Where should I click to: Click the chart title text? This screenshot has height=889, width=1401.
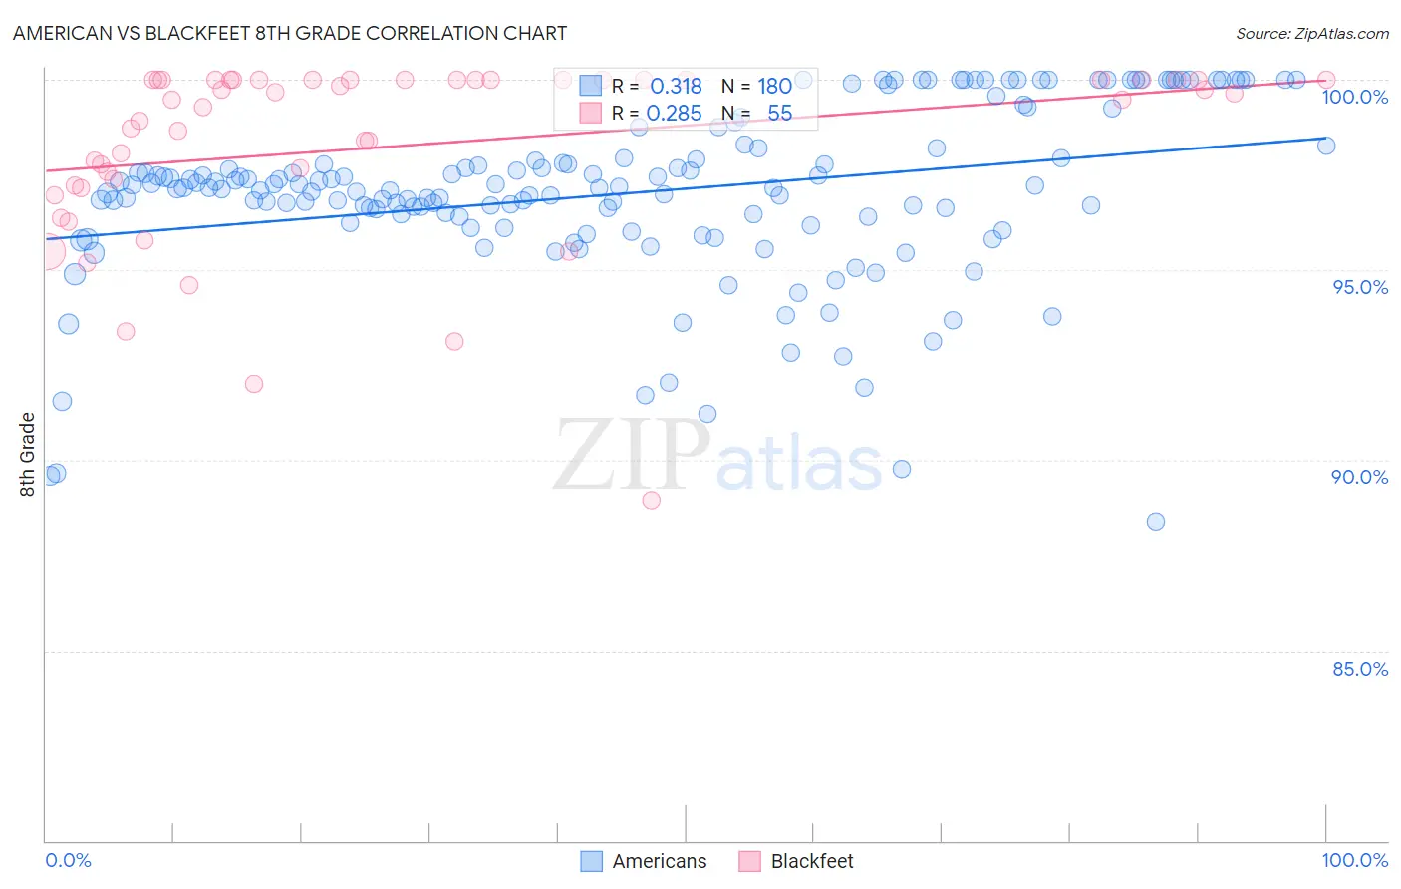click(x=290, y=33)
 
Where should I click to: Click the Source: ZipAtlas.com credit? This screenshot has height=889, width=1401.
click(x=1311, y=34)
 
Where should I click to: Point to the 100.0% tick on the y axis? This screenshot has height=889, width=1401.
click(x=1354, y=97)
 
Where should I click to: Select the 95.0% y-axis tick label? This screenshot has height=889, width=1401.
click(x=1359, y=287)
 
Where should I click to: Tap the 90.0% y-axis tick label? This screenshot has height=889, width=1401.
click(x=1359, y=477)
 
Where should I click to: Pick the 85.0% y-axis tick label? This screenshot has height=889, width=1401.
click(x=1359, y=669)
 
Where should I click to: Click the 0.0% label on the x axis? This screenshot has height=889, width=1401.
click(x=68, y=860)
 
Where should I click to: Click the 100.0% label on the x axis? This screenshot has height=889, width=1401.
click(x=1354, y=860)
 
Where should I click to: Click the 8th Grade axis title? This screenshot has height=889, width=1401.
click(x=28, y=454)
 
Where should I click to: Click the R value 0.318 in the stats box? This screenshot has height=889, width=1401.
click(x=676, y=87)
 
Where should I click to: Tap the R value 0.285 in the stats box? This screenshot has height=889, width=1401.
click(x=674, y=114)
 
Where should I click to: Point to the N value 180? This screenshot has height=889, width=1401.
click(x=774, y=87)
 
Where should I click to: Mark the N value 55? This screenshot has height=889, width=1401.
click(x=779, y=114)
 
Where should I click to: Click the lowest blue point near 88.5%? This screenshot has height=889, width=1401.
click(x=1155, y=521)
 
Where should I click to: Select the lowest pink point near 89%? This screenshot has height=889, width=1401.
click(x=651, y=500)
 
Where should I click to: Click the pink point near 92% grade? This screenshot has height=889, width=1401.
click(x=254, y=384)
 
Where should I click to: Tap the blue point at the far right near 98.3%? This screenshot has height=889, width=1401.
click(x=1325, y=146)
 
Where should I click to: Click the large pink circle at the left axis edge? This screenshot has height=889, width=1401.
click(x=47, y=252)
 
